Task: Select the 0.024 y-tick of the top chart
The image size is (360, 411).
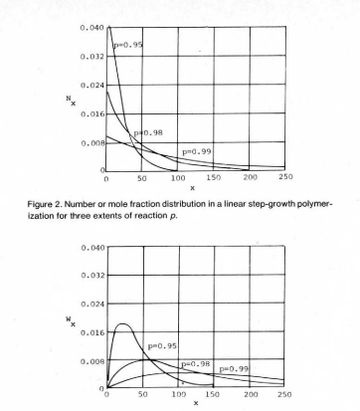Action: [x=89, y=87]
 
